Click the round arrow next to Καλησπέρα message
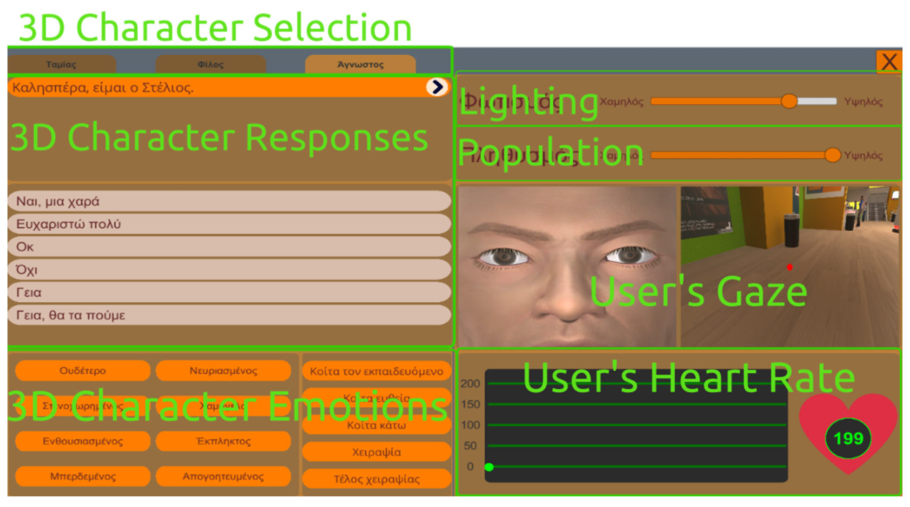[x=437, y=87]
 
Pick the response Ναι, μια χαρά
[x=229, y=201]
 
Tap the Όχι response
[x=229, y=269]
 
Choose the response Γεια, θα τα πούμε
[x=229, y=315]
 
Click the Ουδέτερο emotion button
[x=83, y=371]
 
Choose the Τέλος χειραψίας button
[x=376, y=479]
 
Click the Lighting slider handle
[x=789, y=101]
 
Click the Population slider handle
[x=832, y=155]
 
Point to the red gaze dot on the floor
[x=790, y=268]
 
